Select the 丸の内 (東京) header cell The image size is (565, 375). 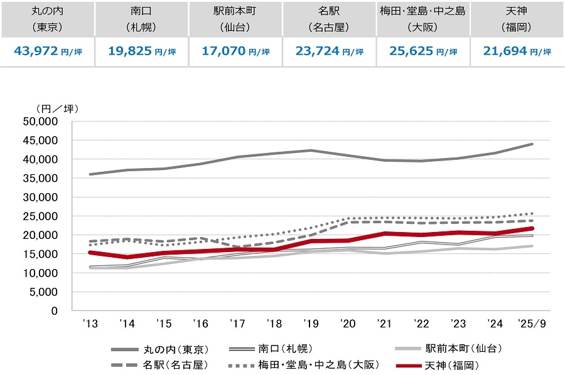(47, 19)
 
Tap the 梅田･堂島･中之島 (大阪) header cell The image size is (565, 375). (423, 19)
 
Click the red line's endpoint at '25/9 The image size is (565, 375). (532, 228)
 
